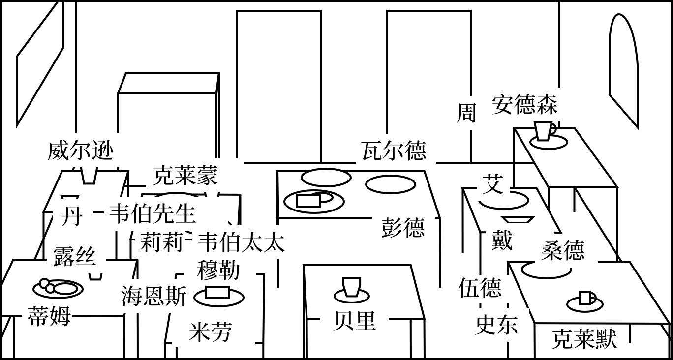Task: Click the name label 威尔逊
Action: (81, 150)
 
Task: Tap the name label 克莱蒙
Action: (185, 175)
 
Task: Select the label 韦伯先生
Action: (152, 213)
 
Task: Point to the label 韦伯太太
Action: (241, 242)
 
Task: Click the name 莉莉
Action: (161, 242)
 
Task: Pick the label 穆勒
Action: (218, 270)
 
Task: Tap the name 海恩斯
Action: (154, 297)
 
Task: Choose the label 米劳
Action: (210, 332)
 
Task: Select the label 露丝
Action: (74, 256)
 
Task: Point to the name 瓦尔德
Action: (394, 150)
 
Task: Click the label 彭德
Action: (403, 227)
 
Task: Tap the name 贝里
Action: (355, 321)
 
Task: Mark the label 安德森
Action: (524, 105)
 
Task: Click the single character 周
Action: (466, 112)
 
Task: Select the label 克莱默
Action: (584, 339)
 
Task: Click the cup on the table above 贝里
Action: (352, 287)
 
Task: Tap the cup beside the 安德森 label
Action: (544, 131)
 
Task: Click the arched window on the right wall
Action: (624, 69)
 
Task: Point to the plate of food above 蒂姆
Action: (58, 288)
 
